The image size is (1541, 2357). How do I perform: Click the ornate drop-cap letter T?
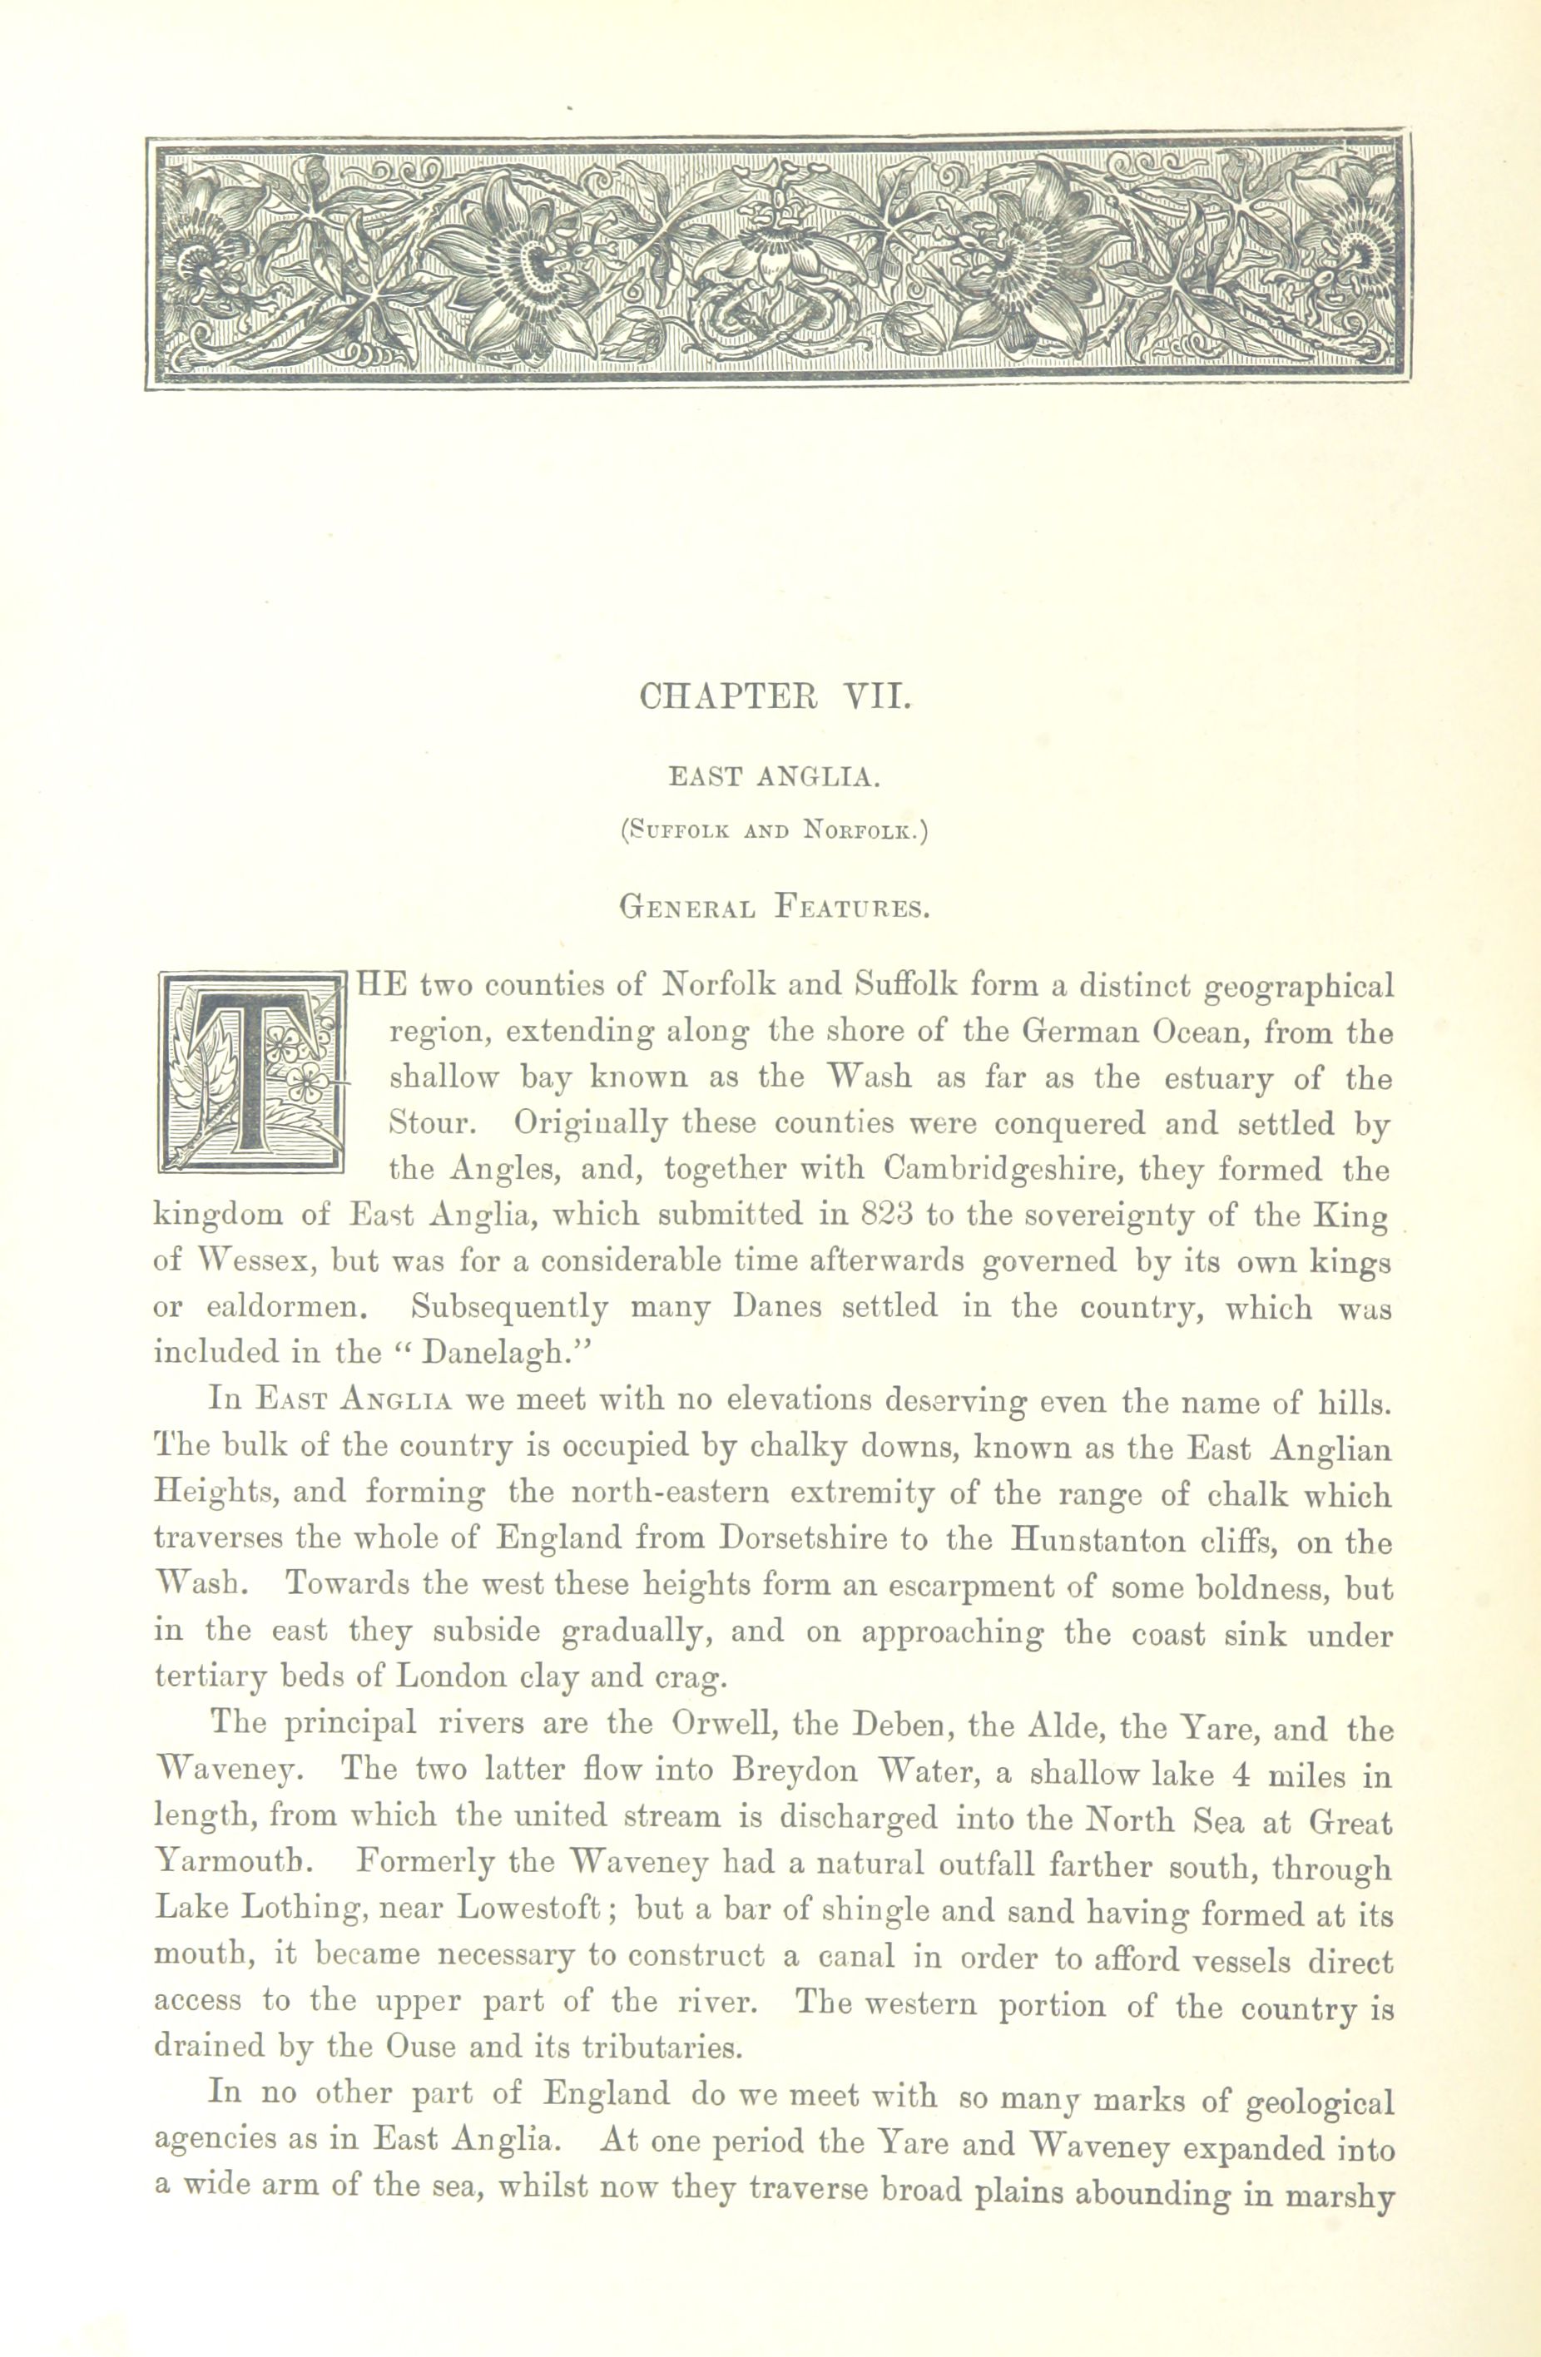click(x=250, y=1072)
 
